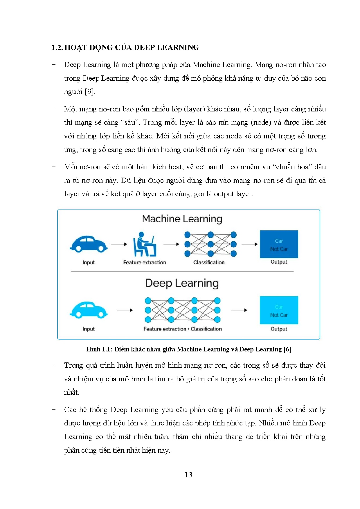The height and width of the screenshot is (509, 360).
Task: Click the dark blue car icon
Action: pos(89,244)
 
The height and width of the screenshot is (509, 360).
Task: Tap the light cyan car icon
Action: pos(89,310)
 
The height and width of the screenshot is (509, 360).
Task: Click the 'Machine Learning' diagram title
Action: pos(182,219)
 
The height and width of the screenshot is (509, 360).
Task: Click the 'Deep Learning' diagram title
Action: pos(182,283)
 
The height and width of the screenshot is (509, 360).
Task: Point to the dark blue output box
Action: pos(279,244)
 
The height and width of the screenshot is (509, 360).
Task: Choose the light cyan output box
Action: pos(279,310)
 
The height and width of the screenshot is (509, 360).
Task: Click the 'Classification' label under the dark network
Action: pos(209,262)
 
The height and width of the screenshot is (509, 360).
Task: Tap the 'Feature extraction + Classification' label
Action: pos(182,329)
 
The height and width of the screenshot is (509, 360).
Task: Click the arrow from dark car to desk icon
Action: pos(119,244)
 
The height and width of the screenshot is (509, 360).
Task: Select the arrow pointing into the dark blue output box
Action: pos(250,244)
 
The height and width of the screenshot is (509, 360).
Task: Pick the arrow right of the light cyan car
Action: pos(125,310)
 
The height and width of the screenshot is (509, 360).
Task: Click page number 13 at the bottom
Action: pos(188,475)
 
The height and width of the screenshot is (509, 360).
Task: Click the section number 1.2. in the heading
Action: pos(57,48)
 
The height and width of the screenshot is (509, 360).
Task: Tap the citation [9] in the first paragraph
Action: pos(89,92)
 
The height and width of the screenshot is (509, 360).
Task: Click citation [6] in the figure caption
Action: pos(287,349)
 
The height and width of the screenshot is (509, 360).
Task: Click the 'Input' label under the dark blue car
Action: pos(89,262)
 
